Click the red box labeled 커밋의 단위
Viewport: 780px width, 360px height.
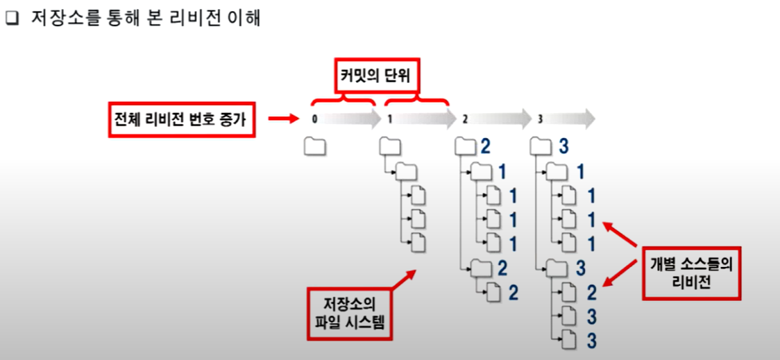[379, 76]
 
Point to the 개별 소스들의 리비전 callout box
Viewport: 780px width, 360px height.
[692, 273]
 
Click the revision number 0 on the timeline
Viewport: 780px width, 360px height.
[314, 119]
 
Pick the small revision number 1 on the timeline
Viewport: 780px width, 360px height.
[390, 119]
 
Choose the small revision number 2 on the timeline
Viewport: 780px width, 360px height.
[465, 119]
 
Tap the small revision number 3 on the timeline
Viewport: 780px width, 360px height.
[541, 119]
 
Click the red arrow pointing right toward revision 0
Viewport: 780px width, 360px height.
[282, 119]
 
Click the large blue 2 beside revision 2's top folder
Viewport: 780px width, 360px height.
[485, 146]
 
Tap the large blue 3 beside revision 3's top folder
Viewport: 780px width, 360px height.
[563, 146]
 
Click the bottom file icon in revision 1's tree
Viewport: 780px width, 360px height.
[418, 243]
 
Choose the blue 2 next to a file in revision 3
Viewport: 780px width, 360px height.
[591, 292]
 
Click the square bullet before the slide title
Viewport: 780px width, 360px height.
[12, 19]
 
